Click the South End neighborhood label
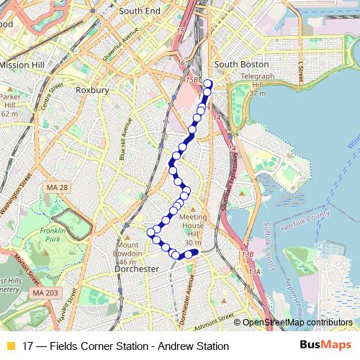click(139, 12)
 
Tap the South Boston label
click(236, 64)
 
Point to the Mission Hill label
click(22, 65)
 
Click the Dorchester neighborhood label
click(137, 269)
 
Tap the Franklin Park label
click(53, 235)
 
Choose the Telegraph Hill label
click(258, 80)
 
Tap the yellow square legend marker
click(10, 346)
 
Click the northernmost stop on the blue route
click(208, 83)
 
